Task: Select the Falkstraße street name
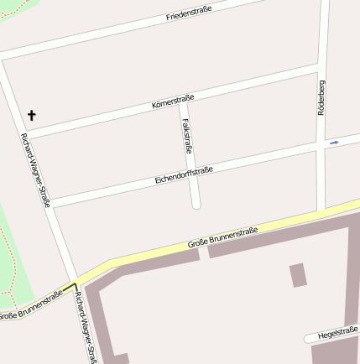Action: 187,136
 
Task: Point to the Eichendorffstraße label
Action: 184,175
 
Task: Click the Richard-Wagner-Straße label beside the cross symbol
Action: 36,169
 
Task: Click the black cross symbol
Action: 33,115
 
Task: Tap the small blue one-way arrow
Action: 334,143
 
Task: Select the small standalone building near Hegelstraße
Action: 298,275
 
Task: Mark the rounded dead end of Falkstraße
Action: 196,204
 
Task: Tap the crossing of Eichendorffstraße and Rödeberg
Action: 321,145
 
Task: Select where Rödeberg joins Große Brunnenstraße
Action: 321,212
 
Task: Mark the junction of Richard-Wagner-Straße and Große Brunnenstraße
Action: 71,285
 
